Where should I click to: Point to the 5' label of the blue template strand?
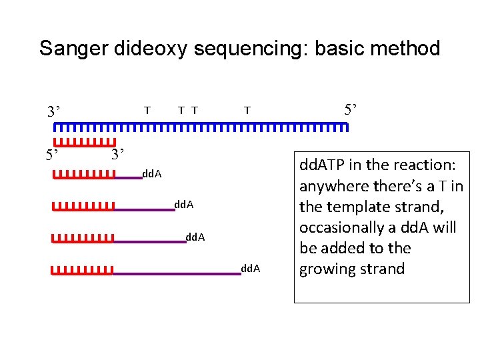[350, 109]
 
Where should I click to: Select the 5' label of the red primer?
[53, 156]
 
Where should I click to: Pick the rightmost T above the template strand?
[247, 110]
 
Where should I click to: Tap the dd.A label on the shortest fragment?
[152, 175]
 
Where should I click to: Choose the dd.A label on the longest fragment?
[251, 269]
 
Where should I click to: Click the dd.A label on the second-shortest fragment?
[183, 205]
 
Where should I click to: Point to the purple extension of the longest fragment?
[177, 273]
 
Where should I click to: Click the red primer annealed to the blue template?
[83, 142]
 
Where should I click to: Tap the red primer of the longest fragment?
[82, 271]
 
